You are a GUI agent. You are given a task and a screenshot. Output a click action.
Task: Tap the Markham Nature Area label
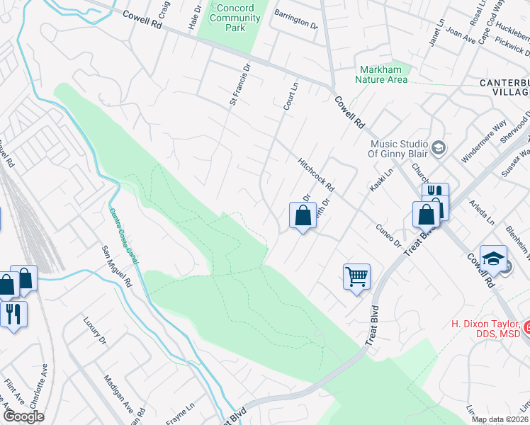pyautogui.click(x=383, y=74)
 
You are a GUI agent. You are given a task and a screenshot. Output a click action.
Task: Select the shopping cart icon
pyautogui.click(x=356, y=276)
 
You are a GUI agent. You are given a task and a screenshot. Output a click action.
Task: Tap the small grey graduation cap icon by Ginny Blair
pyautogui.click(x=438, y=147)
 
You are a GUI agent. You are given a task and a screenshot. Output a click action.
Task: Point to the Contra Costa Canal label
pyautogui.click(x=124, y=237)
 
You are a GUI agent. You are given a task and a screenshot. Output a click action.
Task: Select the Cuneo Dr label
pyautogui.click(x=388, y=235)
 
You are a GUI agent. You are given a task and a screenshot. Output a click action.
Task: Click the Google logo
pyautogui.click(x=23, y=416)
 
